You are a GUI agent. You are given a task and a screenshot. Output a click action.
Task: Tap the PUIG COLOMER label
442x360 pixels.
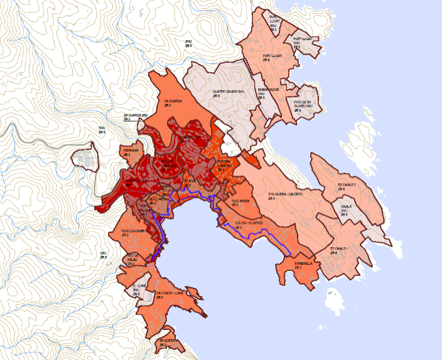tap(133, 233)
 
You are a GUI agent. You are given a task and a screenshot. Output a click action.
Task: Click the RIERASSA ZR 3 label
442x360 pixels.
tap(130, 152)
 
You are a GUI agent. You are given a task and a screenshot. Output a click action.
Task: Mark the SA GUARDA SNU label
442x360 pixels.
tap(135, 117)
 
